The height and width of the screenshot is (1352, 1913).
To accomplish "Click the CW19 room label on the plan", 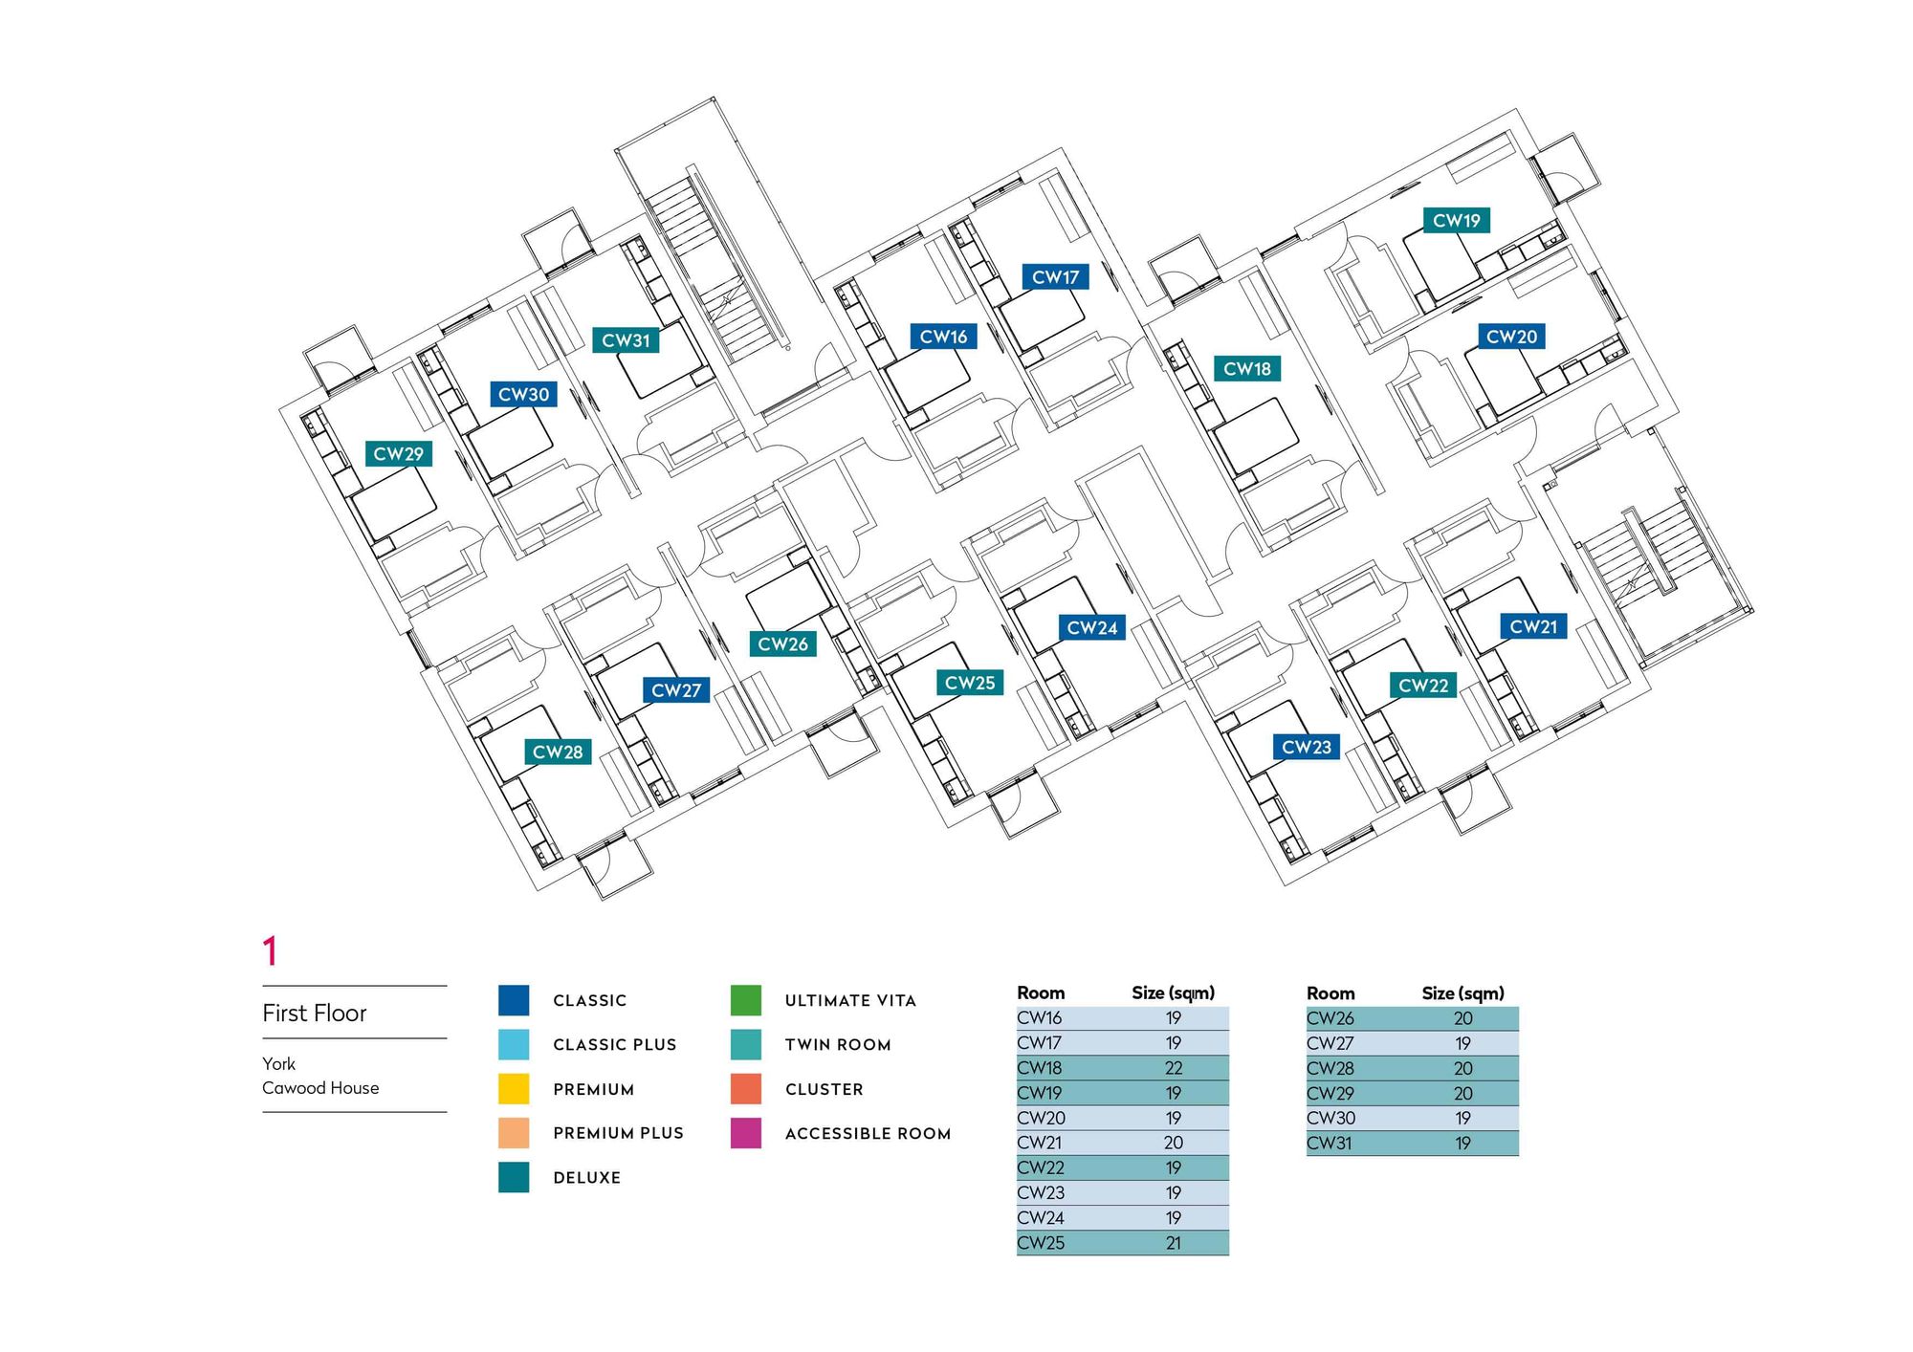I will [1456, 221].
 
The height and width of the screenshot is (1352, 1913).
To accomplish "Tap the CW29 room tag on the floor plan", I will [398, 454].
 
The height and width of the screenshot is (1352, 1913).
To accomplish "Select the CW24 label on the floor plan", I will [1091, 628].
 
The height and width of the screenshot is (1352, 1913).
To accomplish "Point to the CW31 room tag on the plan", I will [626, 340].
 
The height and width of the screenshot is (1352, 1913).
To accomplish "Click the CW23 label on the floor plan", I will [1306, 748].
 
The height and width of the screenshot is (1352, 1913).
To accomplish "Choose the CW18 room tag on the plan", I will [1246, 369].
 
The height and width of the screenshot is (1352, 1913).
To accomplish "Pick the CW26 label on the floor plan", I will [782, 644].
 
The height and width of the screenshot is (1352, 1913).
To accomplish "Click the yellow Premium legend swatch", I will [514, 1089].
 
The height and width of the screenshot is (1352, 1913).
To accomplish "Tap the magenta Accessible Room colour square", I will [745, 1133].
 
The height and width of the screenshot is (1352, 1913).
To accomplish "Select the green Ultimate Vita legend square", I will [745, 1000].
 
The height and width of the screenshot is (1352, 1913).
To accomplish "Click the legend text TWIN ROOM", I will [838, 1045].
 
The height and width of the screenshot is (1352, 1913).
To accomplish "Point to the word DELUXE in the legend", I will [586, 1178].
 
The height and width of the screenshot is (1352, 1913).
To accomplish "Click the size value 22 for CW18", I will [1173, 1068].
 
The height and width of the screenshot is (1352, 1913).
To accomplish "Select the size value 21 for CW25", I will [1173, 1243].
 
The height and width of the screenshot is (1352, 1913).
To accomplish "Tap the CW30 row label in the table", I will [1330, 1118].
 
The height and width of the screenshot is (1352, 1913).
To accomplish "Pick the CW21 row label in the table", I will [1040, 1143].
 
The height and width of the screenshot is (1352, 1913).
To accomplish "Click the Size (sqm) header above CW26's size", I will [1462, 993].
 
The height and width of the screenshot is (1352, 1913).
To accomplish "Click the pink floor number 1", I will [270, 951].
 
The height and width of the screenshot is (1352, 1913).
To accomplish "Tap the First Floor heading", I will [315, 1014].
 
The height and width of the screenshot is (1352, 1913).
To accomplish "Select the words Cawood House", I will [320, 1088].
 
